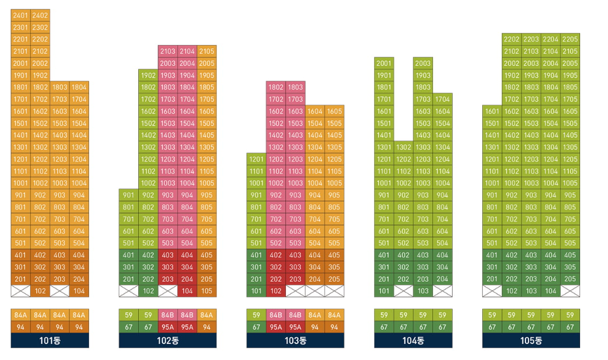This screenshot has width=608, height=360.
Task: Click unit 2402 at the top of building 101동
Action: tap(40, 15)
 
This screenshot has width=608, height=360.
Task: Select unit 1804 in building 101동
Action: tap(79, 87)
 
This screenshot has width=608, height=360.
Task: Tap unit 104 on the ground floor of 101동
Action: tap(79, 291)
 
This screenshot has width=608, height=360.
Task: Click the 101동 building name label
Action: tap(50, 340)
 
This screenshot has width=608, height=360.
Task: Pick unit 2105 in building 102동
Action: tap(206, 51)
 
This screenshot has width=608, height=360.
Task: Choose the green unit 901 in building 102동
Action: tap(129, 195)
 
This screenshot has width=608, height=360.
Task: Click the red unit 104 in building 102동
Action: tap(187, 291)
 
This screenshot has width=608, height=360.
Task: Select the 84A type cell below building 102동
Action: tap(206, 315)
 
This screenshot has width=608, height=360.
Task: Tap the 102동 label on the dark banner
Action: tap(167, 340)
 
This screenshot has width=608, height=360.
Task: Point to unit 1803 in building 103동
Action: tap(295, 87)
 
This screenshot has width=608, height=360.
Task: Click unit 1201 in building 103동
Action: tap(256, 160)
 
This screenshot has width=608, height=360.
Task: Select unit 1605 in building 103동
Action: tap(334, 111)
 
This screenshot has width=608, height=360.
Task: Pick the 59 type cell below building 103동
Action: tap(256, 315)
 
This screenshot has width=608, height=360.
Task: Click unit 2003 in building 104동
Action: tap(423, 63)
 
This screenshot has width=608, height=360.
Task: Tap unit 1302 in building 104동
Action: tap(404, 147)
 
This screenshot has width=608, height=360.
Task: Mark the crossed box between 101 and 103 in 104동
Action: tap(404, 291)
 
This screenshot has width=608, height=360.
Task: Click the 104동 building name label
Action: tap(413, 340)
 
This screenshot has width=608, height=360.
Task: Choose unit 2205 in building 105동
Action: tap(570, 39)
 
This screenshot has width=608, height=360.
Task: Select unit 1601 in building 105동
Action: tap(492, 111)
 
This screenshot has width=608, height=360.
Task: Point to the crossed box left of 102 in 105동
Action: tap(492, 291)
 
